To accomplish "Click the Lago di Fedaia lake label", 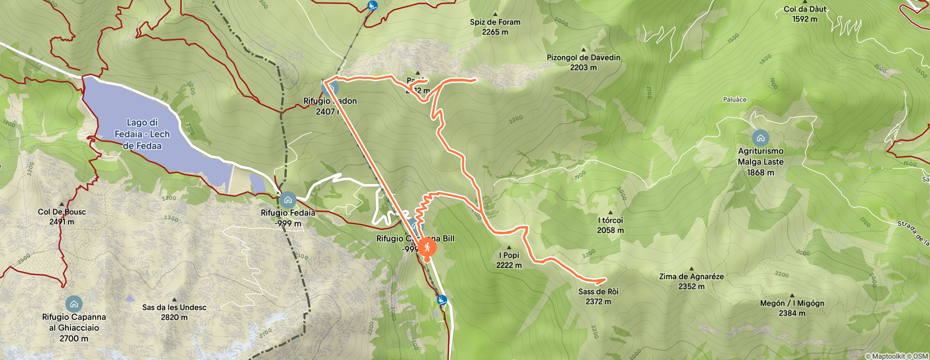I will click(142, 134).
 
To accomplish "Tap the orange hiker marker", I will click(427, 248).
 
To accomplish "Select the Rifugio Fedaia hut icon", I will click(288, 200).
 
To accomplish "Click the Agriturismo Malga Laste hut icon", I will click(760, 138).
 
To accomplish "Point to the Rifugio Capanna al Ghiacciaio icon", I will click(74, 304).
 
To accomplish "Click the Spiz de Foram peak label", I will click(495, 22).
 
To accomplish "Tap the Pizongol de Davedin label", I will click(583, 58).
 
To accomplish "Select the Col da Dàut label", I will click(805, 9).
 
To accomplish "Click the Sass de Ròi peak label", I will click(598, 292).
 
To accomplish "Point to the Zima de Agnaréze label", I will click(691, 277).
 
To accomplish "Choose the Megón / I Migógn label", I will click(792, 303).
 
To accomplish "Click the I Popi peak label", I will click(509, 255).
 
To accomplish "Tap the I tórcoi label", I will click(610, 220).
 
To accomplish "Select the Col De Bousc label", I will click(62, 212).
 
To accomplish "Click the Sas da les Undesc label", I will click(174, 308).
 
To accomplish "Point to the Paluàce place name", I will click(734, 100).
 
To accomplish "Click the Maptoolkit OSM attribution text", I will click(896, 357).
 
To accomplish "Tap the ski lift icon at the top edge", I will click(372, 6).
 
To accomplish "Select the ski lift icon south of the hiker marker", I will click(441, 300).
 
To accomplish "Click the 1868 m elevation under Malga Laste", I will click(760, 173).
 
